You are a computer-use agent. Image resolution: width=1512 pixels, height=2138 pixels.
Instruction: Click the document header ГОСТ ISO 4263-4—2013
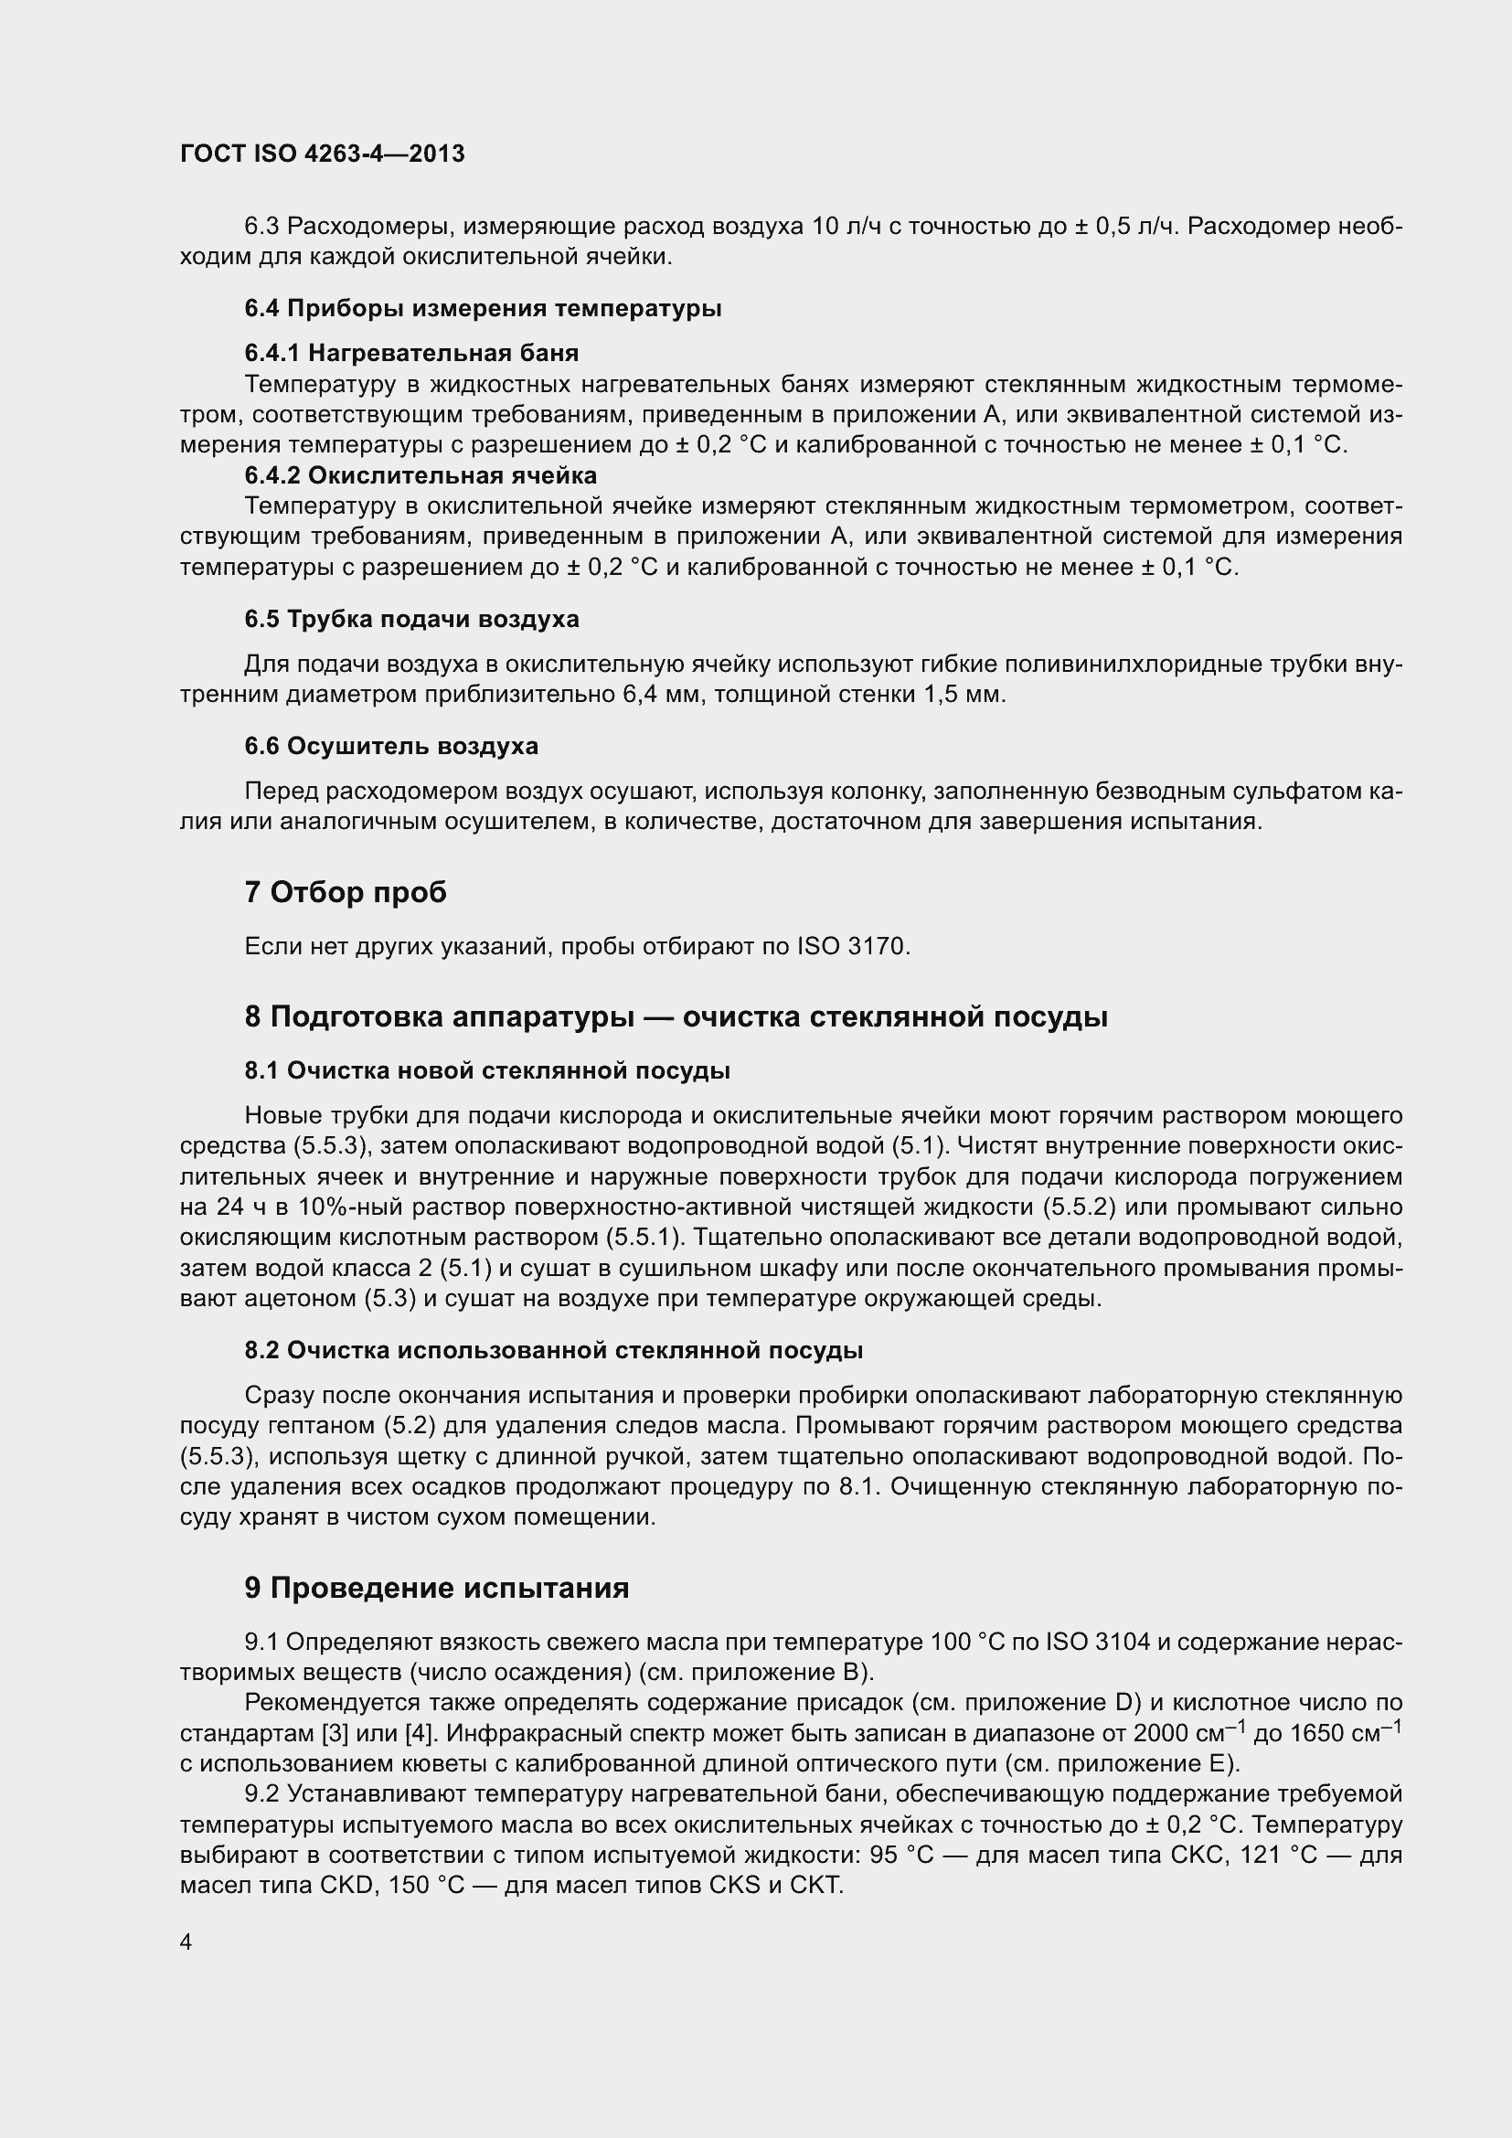(322, 154)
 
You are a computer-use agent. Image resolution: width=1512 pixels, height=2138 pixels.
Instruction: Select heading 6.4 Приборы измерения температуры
(483, 308)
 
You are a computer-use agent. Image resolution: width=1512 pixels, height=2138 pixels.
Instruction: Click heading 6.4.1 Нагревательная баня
(410, 353)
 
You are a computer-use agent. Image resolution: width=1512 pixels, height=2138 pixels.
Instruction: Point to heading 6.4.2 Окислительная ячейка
(420, 476)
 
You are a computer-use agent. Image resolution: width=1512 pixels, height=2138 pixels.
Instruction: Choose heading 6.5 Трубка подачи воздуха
(410, 619)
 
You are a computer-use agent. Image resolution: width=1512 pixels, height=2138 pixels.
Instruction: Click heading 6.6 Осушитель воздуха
(391, 746)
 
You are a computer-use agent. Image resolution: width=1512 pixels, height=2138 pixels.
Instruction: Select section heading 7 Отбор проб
(346, 892)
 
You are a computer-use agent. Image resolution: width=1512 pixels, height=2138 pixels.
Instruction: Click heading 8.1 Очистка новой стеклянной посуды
(487, 1071)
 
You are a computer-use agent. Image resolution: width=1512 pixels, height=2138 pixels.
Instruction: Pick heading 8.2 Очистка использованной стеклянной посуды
(553, 1350)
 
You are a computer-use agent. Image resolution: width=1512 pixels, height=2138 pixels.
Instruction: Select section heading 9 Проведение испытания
(437, 1588)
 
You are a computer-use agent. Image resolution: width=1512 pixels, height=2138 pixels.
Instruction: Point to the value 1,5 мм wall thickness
(964, 695)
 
